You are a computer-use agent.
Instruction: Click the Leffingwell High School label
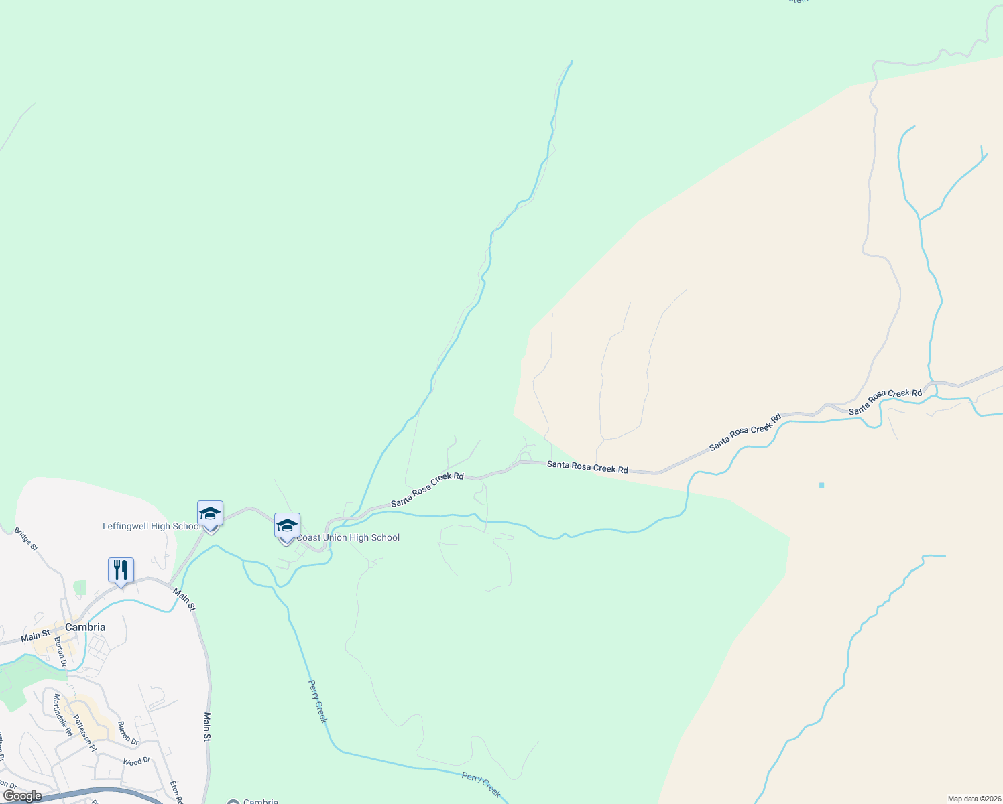[152, 527]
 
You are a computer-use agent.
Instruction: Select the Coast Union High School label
[348, 537]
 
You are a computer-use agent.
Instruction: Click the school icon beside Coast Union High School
[287, 526]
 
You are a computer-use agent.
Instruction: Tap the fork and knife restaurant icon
[121, 570]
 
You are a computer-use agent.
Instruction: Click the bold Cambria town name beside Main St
[85, 627]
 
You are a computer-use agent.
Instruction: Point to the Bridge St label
[26, 539]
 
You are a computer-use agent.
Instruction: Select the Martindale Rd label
[62, 715]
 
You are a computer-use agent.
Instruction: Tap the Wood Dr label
[137, 762]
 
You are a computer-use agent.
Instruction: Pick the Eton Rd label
[176, 791]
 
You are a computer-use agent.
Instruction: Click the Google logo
[22, 796]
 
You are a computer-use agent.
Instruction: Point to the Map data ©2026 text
[973, 799]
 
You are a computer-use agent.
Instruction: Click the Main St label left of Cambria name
[35, 634]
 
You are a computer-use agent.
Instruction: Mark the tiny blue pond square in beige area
[821, 485]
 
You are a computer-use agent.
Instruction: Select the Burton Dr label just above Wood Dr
[127, 734]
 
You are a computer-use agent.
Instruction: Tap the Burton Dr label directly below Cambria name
[61, 651]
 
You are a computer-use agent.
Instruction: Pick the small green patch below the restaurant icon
[80, 588]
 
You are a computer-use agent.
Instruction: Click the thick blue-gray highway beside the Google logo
[101, 793]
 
